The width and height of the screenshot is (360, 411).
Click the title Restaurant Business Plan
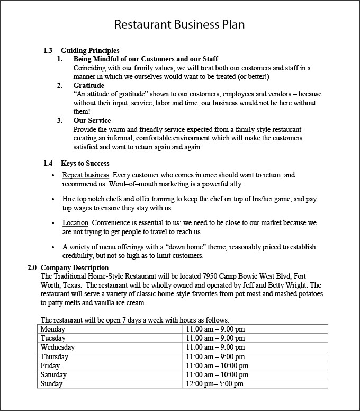pos(180,25)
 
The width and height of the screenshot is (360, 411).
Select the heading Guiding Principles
pos(90,51)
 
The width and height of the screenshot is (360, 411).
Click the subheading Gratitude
pos(88,85)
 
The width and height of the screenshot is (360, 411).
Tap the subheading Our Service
pos(92,121)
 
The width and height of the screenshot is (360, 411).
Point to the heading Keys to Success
pos(85,163)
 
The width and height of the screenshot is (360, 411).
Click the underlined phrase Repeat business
pos(86,175)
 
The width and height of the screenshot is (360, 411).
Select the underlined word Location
pos(75,222)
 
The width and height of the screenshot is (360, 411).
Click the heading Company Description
pos(75,268)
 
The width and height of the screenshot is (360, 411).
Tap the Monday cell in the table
pos(53,329)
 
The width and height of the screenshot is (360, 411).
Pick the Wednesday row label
pos(58,347)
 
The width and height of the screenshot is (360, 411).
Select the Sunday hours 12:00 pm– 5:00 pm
pos(215,384)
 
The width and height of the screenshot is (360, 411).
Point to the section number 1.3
pos(48,51)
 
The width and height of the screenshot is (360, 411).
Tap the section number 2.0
pos(32,268)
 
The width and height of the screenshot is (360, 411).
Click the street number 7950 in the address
pos(211,276)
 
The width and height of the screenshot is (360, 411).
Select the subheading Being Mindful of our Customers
pos(146,59)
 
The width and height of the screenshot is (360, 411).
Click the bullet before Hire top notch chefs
pos(53,199)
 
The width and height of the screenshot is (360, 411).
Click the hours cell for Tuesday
pos(215,338)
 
